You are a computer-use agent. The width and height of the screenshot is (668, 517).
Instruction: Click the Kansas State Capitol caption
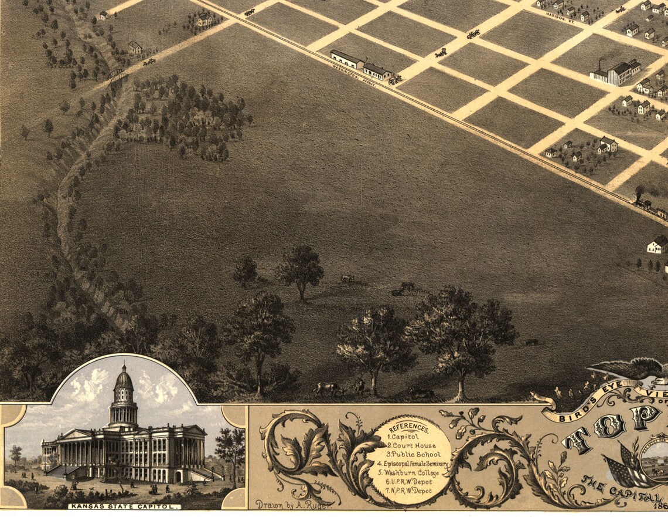pyautogui.click(x=124, y=506)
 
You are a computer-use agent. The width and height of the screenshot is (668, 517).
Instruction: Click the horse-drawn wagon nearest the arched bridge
pyautogui.click(x=149, y=61)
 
